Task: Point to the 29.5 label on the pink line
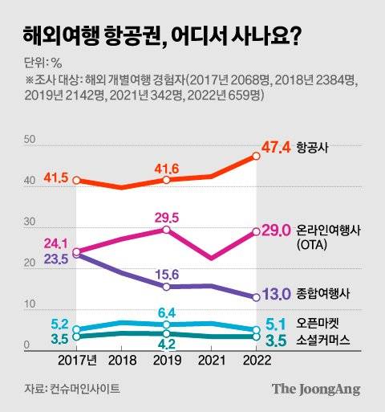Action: click(x=165, y=216)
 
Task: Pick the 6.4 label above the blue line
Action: click(x=165, y=312)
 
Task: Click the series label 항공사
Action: click(x=312, y=149)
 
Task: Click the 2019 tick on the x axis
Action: click(x=165, y=362)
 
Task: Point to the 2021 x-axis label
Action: click(x=210, y=362)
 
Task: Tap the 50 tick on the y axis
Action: click(x=30, y=140)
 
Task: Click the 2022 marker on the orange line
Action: click(x=256, y=157)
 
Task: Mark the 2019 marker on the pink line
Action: click(x=165, y=230)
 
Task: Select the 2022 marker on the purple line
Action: click(x=256, y=296)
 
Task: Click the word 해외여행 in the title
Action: click(x=55, y=35)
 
